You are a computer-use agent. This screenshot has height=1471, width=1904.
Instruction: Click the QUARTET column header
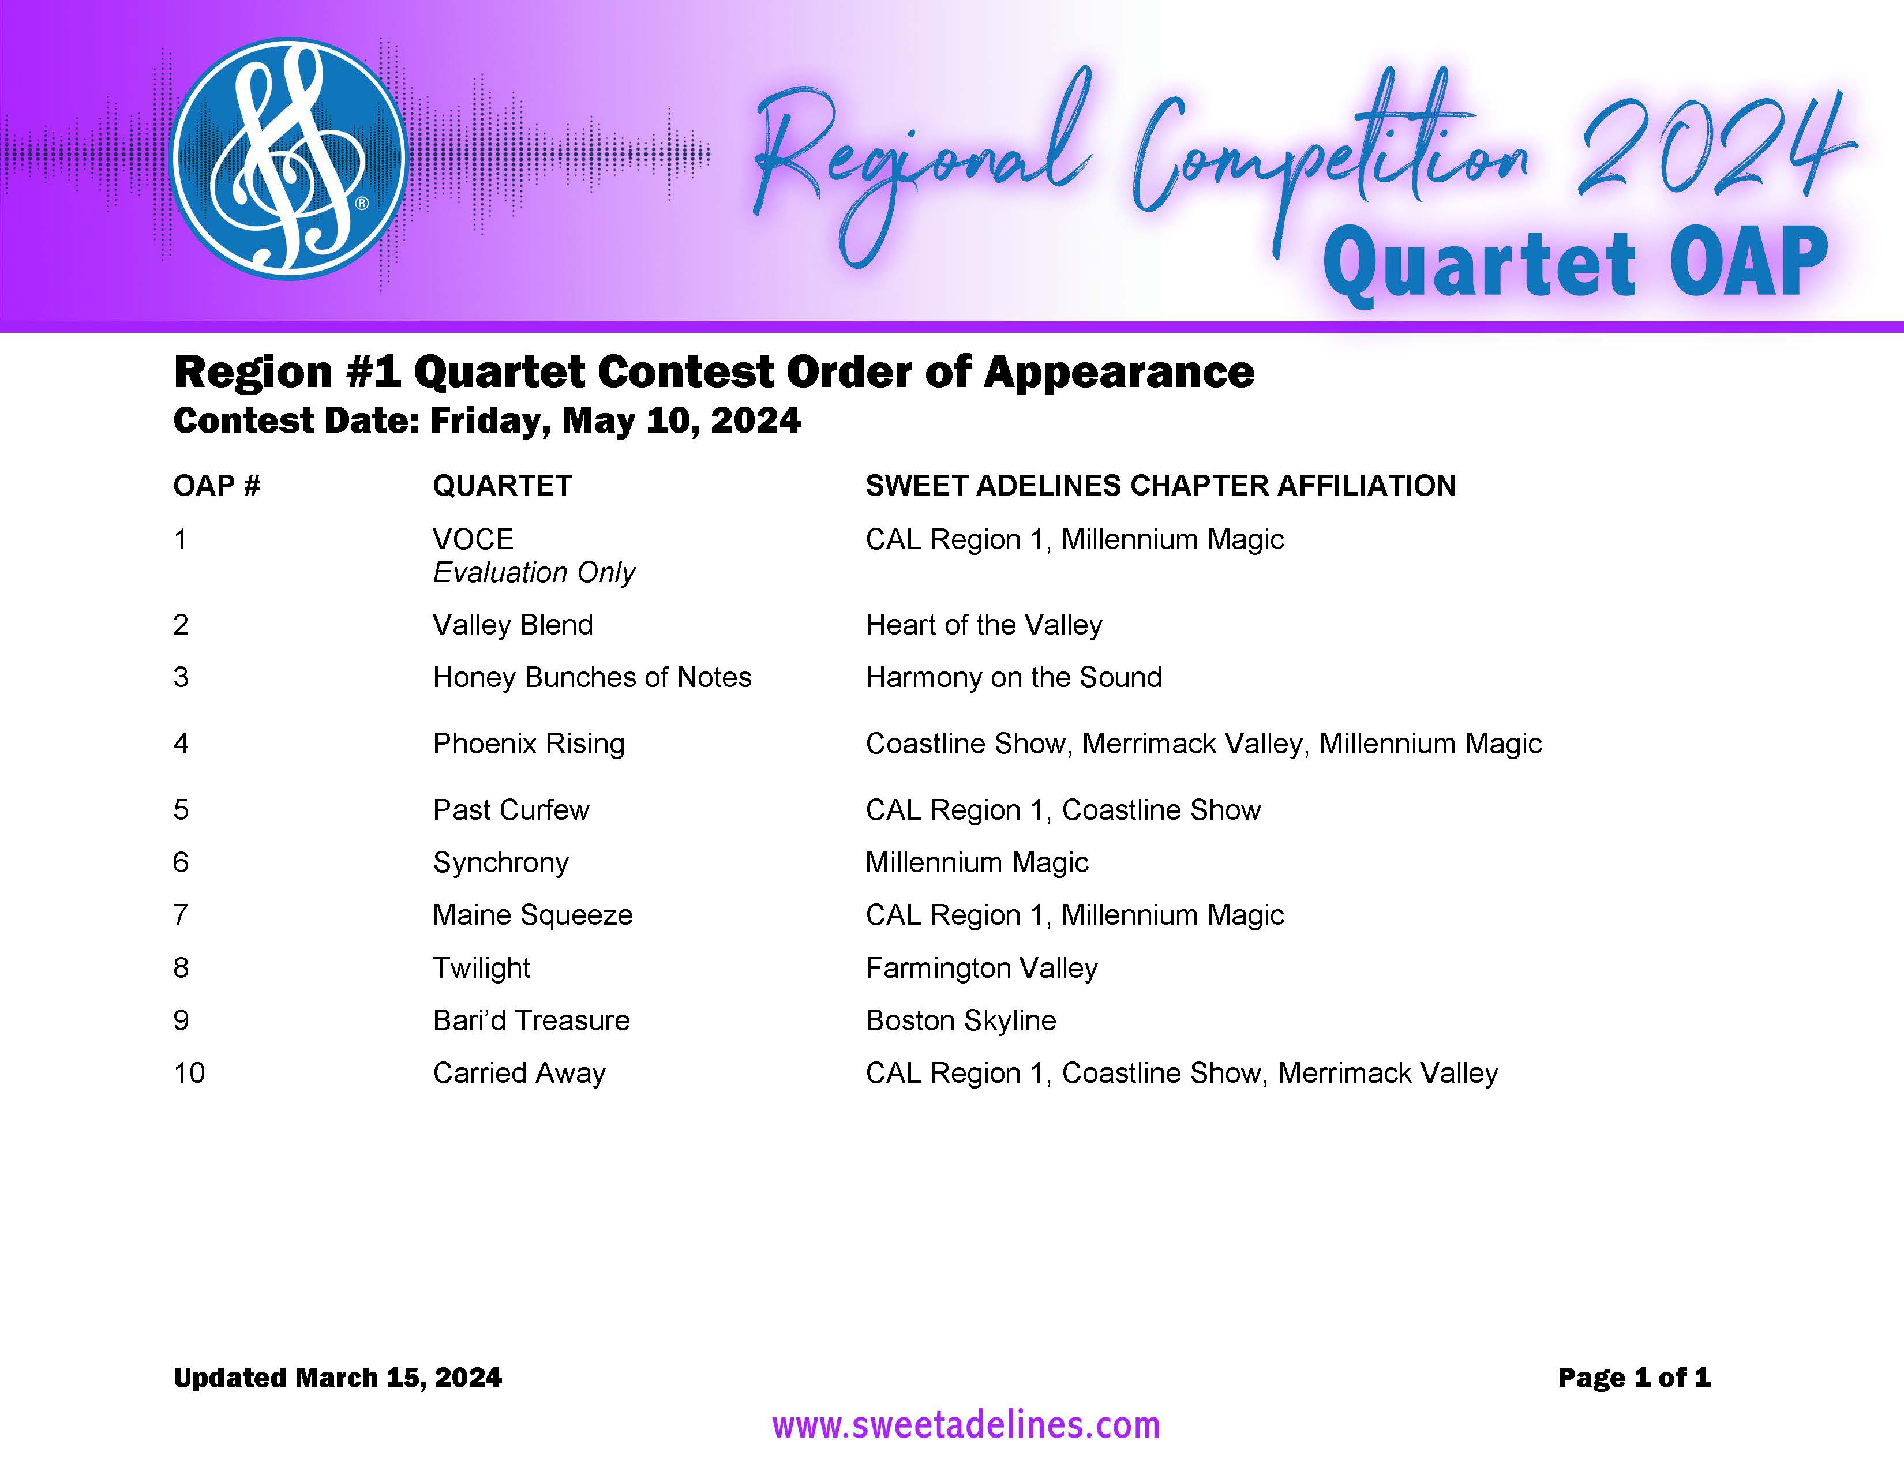(502, 485)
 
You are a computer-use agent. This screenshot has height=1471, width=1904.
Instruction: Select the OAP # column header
(216, 485)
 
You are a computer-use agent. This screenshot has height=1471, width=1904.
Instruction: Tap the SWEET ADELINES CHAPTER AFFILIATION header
(1160, 485)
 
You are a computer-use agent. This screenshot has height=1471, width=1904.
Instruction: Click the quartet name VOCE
(473, 539)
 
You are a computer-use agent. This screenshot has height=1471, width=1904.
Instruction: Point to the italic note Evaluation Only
(534, 573)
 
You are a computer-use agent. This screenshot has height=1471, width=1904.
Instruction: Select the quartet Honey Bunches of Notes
(592, 677)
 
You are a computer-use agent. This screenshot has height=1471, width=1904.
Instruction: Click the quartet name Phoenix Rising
(529, 744)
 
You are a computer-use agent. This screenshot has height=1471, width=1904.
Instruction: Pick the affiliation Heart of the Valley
(984, 625)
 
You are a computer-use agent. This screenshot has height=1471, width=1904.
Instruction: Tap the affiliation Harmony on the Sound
(1014, 677)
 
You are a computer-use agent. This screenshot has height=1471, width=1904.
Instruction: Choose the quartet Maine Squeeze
(533, 915)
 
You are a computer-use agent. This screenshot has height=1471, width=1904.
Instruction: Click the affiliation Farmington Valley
(981, 968)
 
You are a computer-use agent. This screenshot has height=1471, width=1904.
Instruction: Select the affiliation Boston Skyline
(961, 1020)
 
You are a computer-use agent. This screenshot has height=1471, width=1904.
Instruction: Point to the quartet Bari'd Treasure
(531, 1020)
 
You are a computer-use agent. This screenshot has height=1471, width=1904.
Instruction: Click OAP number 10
(189, 1073)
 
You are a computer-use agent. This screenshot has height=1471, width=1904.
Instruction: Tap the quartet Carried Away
(520, 1074)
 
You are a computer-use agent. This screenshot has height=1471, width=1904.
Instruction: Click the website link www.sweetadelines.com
(966, 1425)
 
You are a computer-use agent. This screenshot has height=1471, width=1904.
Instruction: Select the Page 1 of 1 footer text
(1634, 1378)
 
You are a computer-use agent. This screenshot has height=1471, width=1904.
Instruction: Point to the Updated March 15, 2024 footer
(338, 1378)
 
